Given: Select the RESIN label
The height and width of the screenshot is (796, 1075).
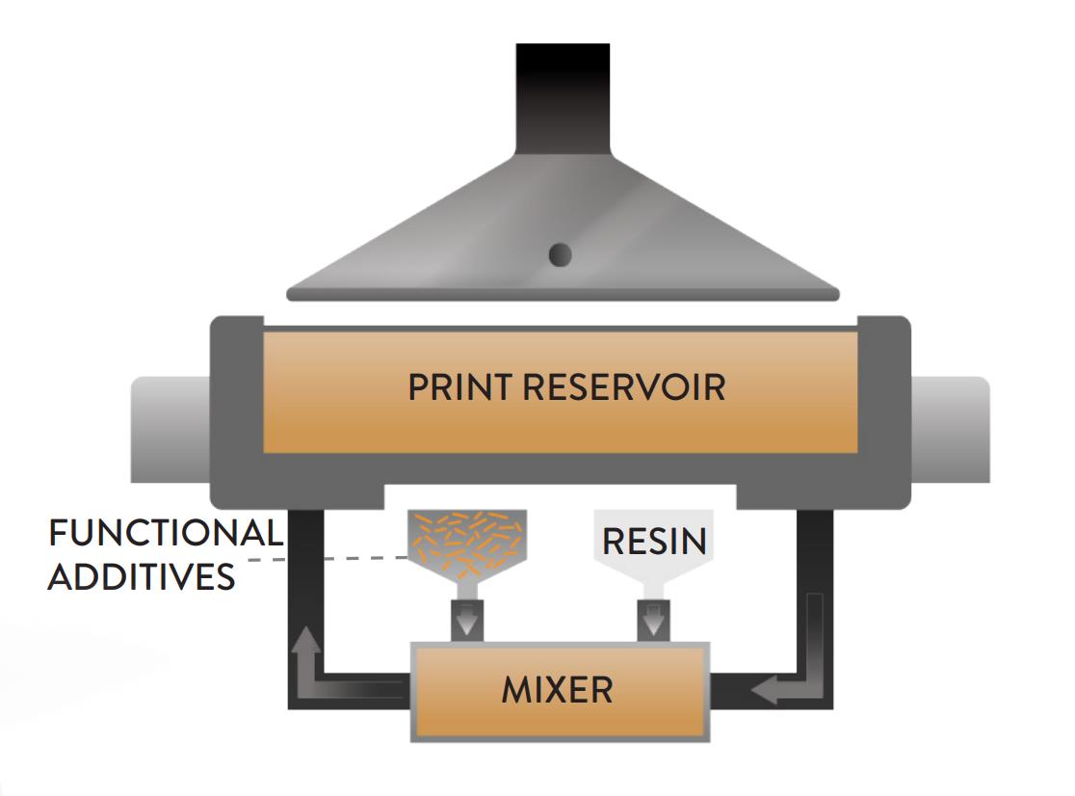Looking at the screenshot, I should click(654, 541).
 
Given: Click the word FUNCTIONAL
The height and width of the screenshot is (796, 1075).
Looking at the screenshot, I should click(166, 533).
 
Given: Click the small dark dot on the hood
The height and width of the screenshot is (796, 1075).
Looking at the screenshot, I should click(560, 254).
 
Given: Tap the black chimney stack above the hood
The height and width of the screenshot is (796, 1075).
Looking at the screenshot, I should click(563, 96).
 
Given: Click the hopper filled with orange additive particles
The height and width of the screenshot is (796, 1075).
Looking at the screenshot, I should click(468, 544).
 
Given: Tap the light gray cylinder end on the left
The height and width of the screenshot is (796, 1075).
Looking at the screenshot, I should click(170, 429).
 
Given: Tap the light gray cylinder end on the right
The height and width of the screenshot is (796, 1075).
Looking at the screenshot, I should click(950, 429).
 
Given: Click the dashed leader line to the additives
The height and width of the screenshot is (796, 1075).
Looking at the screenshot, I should click(347, 558).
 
